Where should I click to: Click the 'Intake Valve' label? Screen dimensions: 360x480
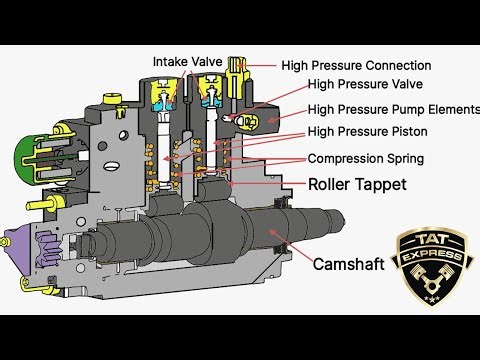coord(188,62)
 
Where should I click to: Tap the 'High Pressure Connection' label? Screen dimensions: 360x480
coord(356,66)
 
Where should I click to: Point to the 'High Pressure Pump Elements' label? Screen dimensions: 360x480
coord(393,109)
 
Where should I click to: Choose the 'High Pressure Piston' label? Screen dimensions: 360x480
coord(366,132)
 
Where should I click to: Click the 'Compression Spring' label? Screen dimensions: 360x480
coord(365,159)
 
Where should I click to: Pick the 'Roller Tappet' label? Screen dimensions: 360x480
coord(356,184)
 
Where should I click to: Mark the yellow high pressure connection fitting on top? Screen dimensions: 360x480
coord(237,69)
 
